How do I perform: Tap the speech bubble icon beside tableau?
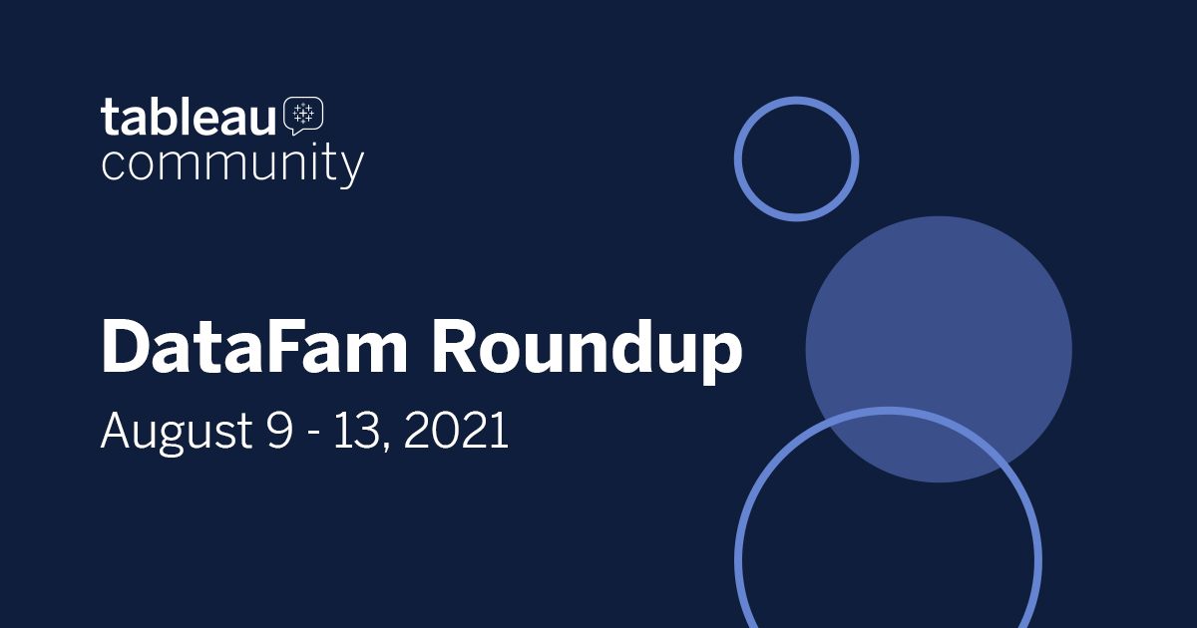[x=303, y=116]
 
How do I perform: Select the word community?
[x=231, y=163]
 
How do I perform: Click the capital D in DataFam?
[x=127, y=347]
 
